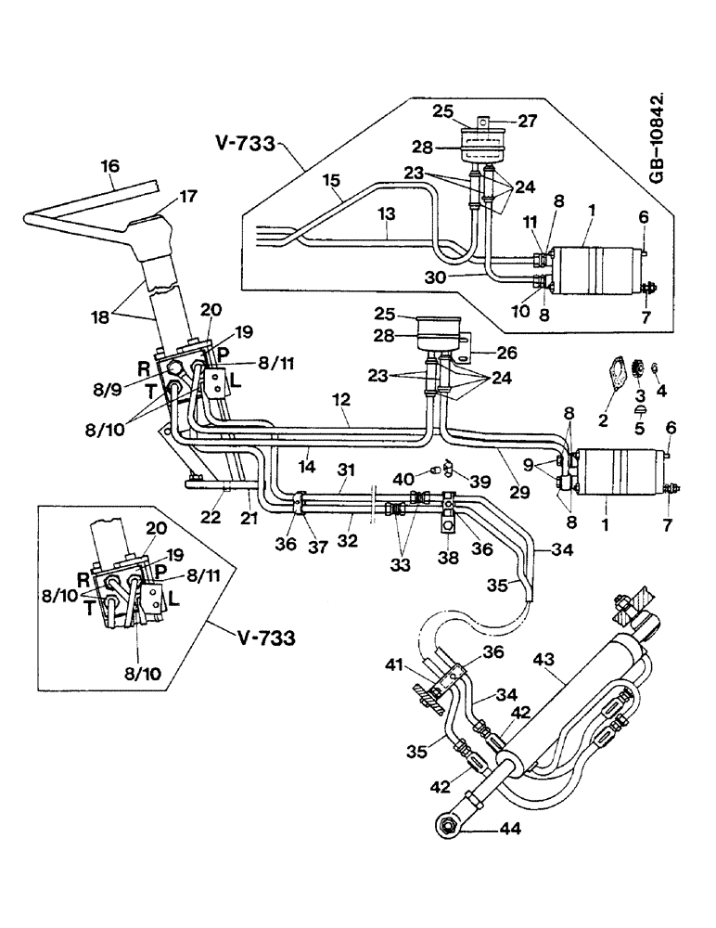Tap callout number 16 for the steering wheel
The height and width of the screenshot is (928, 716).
[110, 166]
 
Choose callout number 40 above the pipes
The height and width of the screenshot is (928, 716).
[400, 479]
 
